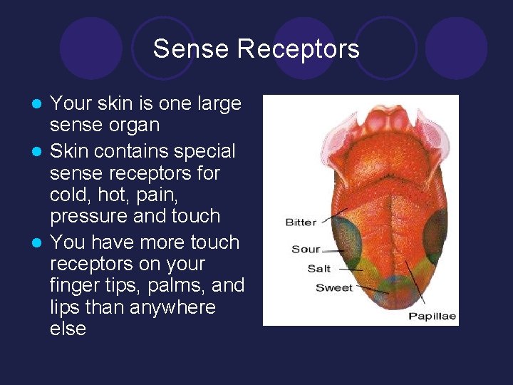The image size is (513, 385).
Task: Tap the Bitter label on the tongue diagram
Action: click(x=301, y=222)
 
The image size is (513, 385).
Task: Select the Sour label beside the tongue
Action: click(x=306, y=250)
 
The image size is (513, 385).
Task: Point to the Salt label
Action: click(x=318, y=269)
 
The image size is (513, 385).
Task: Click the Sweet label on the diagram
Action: click(x=333, y=287)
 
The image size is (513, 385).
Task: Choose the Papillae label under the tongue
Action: click(x=432, y=316)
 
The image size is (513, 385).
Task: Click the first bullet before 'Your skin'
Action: click(x=41, y=104)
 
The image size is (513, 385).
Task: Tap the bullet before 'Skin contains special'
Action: click(x=41, y=152)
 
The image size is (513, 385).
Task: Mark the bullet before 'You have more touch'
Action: click(x=41, y=242)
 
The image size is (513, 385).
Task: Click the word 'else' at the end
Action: click(x=68, y=329)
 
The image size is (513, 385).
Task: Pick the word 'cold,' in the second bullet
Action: click(x=71, y=195)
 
